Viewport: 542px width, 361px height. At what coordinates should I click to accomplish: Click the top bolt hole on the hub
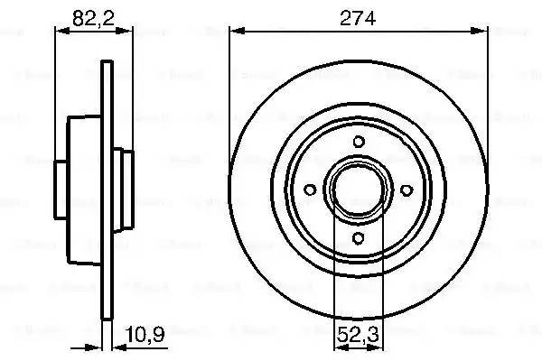point(359,141)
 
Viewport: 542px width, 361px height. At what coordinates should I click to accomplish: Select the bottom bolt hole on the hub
point(359,238)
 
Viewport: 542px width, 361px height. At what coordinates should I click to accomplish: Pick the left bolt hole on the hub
point(310,190)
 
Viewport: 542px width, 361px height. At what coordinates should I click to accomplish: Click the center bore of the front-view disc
point(359,190)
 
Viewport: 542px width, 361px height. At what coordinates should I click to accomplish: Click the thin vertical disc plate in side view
point(106,190)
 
